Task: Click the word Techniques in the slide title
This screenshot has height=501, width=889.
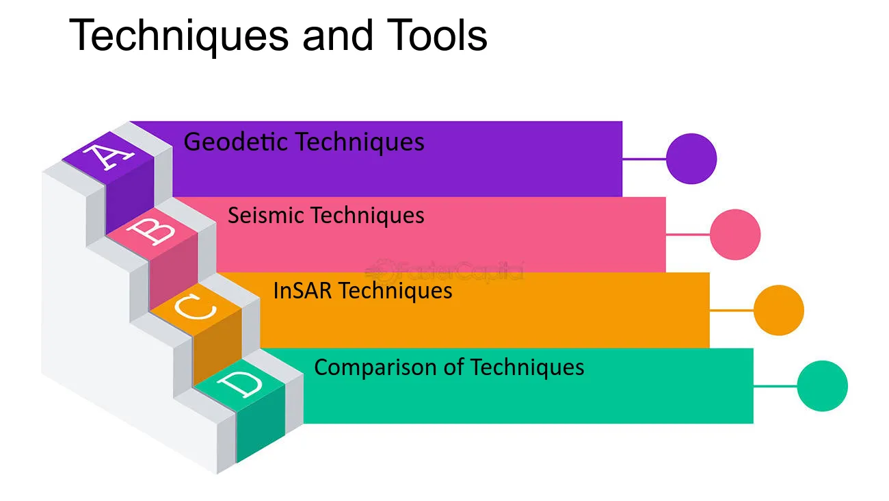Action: (178, 36)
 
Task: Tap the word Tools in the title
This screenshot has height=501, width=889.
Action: (437, 35)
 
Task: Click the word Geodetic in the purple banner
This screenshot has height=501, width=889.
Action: (236, 142)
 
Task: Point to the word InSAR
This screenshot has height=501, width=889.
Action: (302, 290)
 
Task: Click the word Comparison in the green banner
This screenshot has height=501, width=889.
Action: (375, 368)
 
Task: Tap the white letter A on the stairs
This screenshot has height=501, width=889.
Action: (108, 157)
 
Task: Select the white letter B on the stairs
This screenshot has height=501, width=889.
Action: (151, 231)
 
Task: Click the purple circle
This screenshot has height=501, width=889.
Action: (691, 159)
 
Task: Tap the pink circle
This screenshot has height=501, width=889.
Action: (735, 234)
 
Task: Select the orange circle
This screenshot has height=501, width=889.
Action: (779, 310)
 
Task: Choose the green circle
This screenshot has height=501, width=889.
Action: (822, 386)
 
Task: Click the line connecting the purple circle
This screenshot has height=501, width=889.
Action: (644, 159)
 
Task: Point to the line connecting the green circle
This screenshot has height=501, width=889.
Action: (775, 386)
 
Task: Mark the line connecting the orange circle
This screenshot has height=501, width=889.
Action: (732, 310)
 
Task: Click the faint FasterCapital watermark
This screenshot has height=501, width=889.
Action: (444, 271)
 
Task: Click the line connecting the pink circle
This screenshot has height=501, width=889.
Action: (688, 234)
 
